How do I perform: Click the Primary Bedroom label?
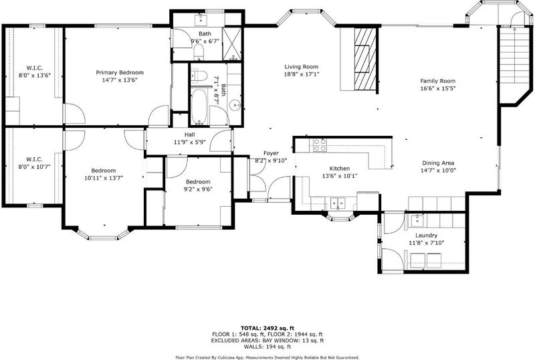[x=120, y=72]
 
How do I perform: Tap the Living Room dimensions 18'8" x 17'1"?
[x=302, y=74]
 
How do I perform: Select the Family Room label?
[x=438, y=81]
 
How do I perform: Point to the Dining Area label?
[x=438, y=163]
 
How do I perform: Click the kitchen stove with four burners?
[x=320, y=145]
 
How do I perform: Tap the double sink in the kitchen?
[x=338, y=203]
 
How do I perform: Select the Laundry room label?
[x=426, y=236]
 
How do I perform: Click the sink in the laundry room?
[x=416, y=221]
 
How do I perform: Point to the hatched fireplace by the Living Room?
[x=364, y=59]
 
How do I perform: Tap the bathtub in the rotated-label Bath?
[x=199, y=106]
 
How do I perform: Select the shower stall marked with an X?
[x=231, y=44]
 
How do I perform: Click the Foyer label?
[x=271, y=153]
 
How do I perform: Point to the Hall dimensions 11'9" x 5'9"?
[x=190, y=142]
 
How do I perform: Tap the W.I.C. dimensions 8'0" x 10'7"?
[x=35, y=167]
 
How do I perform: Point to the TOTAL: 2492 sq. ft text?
[x=267, y=329]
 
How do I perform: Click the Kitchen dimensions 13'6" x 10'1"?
[x=340, y=176]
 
